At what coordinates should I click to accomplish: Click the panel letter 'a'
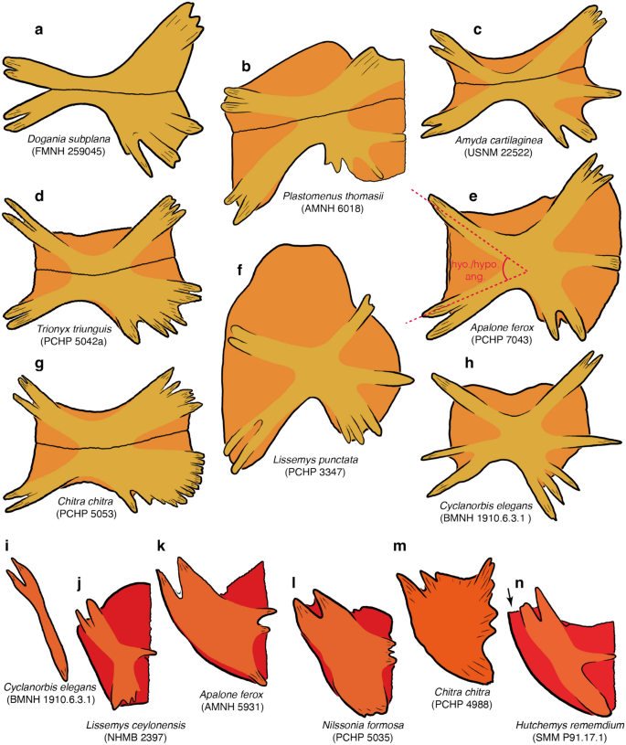pyautogui.click(x=38, y=30)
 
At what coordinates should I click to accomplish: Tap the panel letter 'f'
pyautogui.click(x=239, y=271)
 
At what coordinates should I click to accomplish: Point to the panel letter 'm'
pyautogui.click(x=398, y=548)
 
